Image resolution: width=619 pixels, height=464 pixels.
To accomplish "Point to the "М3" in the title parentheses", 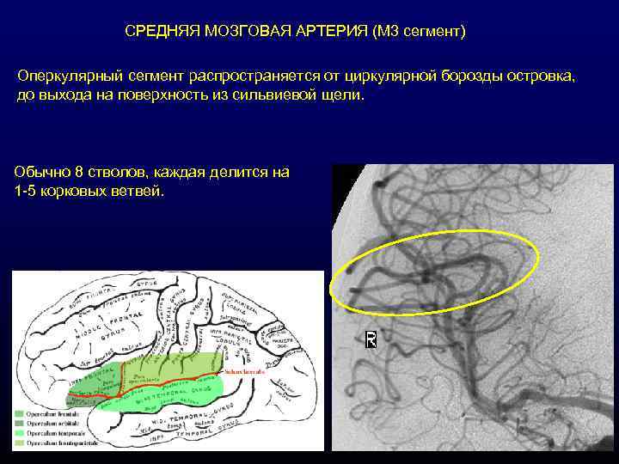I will pyautogui.click(x=389, y=32).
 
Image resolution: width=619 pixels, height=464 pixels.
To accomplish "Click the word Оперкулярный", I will pyautogui.click(x=67, y=76).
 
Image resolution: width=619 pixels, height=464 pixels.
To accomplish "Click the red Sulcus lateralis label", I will pyautogui.click(x=242, y=371).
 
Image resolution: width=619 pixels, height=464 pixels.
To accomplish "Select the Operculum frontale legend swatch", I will pyautogui.click(x=19, y=413).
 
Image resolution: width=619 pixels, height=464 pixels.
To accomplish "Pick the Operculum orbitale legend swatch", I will pyautogui.click(x=19, y=423).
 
